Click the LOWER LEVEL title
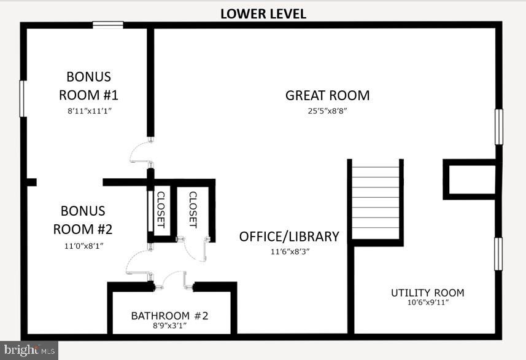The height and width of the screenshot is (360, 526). [263, 13]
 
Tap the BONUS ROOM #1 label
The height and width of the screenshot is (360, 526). [88, 86]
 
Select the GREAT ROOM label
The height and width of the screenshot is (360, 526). [327, 95]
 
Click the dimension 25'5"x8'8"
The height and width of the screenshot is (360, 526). [327, 111]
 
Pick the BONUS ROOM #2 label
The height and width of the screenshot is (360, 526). [83, 220]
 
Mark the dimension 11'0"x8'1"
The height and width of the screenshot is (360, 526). [83, 246]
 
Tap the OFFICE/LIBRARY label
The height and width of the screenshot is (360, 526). [288, 237]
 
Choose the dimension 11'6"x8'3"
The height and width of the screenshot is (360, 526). [288, 251]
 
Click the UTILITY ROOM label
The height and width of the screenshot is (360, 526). [427, 292]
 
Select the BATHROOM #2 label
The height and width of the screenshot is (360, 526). [170, 316]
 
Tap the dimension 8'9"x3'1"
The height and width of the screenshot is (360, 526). [170, 326]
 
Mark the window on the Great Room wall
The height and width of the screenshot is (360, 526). [499, 127]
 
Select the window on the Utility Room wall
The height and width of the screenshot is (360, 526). [499, 254]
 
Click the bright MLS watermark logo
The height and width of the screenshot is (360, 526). [29, 350]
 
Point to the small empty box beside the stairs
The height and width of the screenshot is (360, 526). [470, 179]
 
